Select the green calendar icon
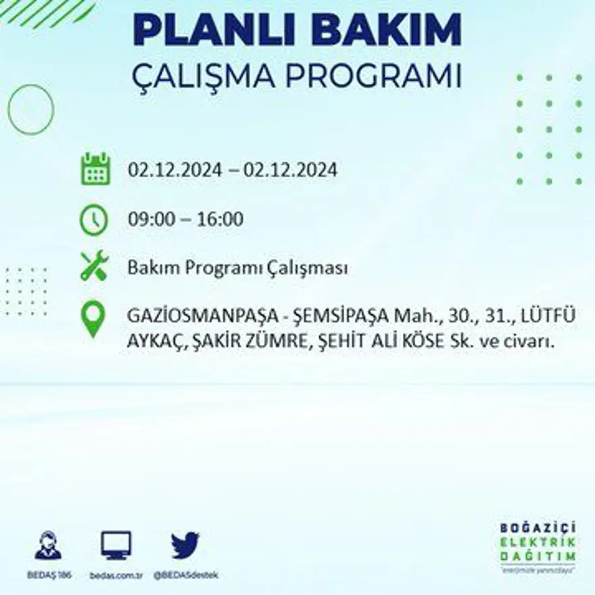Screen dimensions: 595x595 (x=95, y=169)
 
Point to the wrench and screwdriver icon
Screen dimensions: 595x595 (x=94, y=266)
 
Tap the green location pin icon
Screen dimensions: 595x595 (x=93, y=319)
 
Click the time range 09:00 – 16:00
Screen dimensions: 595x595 (x=185, y=220)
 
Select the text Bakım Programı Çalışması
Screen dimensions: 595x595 (x=237, y=268)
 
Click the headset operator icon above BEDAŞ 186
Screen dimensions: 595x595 (x=48, y=546)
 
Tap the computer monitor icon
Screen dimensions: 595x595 (x=116, y=545)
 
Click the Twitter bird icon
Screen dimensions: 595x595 (x=185, y=545)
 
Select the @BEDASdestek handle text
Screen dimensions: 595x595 (x=185, y=575)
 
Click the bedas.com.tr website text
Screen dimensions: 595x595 (x=116, y=575)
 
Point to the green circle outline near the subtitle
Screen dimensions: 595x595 (x=31, y=109)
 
